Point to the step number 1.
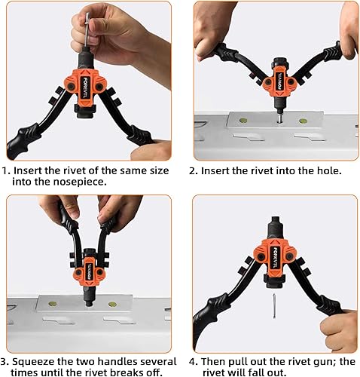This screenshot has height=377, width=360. [x=6, y=170]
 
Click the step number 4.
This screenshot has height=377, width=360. [x=193, y=362]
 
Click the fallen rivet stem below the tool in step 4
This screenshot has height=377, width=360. [x=274, y=306]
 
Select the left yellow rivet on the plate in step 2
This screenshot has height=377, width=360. [x=243, y=121]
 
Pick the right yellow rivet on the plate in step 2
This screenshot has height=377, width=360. [x=303, y=121]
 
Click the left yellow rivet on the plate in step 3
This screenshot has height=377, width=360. [x=53, y=303]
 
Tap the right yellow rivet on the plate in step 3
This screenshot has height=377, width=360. [x=113, y=305]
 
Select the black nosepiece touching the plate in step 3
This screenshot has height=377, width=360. [x=87, y=296]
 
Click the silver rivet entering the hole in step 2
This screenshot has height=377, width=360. [x=278, y=118]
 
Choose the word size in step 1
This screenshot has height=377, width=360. [x=157, y=170]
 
